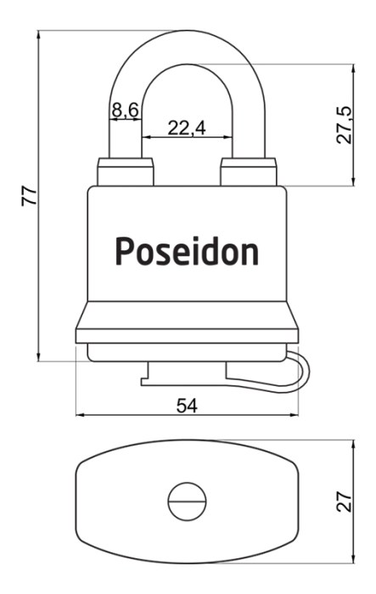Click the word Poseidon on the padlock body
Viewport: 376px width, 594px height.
187,251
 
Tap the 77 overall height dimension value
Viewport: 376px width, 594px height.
30,196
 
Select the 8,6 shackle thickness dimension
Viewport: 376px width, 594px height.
125,110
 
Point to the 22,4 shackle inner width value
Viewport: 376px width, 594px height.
187,128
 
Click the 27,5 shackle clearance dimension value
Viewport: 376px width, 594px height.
345,125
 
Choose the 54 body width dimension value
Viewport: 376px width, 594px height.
187,406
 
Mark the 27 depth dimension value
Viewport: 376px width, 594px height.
345,502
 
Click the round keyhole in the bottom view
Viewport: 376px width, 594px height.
188,502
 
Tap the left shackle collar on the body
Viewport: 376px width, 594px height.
126,172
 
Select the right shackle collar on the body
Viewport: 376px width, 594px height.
249,172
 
